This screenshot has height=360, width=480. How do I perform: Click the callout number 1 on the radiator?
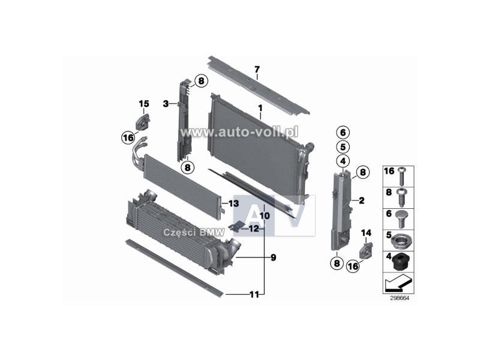point(260,108)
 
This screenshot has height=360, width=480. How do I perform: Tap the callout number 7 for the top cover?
point(257,70)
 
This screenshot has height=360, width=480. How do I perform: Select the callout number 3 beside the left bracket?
point(166,104)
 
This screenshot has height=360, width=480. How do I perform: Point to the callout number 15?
point(143,104)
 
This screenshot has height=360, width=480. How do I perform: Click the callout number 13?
point(233,205)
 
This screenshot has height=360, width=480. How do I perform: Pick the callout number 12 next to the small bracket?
point(254,228)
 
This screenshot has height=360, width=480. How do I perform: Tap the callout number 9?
point(273,258)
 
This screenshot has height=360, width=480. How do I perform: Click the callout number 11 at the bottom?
point(254,294)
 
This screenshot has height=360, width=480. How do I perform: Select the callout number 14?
point(367,232)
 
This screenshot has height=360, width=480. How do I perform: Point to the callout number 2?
point(361,200)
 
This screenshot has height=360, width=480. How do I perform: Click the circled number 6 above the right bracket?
point(341,132)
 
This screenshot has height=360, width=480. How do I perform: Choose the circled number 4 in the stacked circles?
point(341,160)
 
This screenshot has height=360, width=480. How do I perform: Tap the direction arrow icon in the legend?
point(398,280)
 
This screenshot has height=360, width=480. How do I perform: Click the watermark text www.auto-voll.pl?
point(239,131)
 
